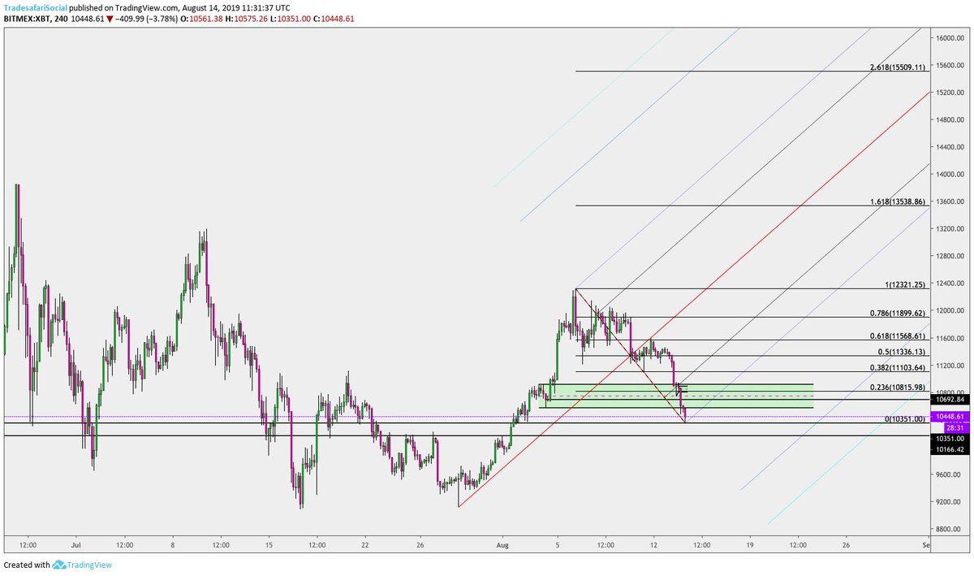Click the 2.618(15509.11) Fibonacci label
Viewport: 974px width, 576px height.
[898, 67]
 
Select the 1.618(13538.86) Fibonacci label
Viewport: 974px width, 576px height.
[898, 201]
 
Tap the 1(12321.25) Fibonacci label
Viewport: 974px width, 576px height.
[905, 284]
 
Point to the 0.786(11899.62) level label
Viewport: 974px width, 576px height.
[898, 313]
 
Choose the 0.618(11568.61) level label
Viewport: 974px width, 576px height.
[898, 336]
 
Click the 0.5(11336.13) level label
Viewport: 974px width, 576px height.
[902, 352]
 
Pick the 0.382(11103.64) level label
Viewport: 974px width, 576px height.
[898, 368]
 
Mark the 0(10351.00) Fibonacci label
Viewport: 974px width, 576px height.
[905, 419]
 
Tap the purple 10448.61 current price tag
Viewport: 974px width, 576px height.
[950, 417]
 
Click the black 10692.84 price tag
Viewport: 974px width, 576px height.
[950, 399]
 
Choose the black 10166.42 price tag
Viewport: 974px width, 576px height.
[950, 449]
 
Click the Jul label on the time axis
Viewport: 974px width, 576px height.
[76, 544]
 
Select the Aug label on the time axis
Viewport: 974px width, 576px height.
[502, 544]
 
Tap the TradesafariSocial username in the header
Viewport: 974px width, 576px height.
[35, 8]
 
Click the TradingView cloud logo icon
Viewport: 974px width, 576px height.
[58, 565]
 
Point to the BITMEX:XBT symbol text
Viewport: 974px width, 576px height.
[27, 19]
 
